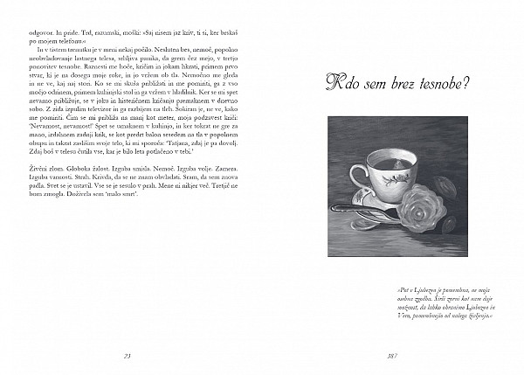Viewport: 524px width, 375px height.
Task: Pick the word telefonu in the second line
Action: coord(74,41)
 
